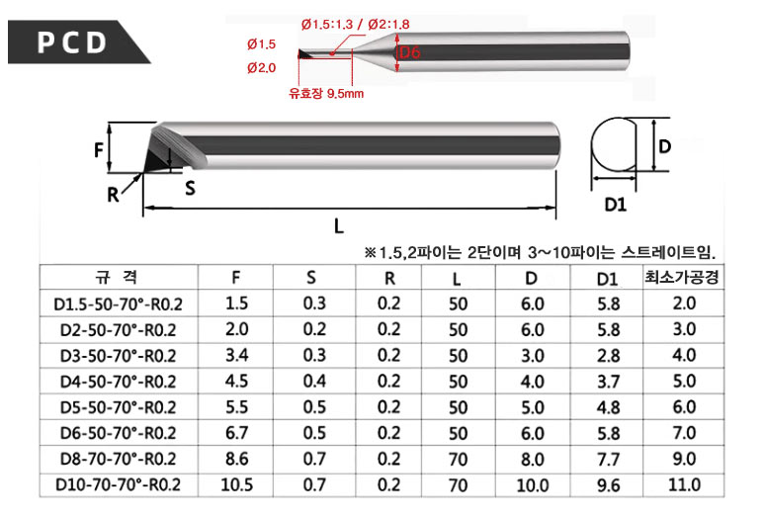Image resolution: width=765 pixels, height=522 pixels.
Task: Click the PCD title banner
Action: point(73,42)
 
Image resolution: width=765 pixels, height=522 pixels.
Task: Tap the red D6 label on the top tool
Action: point(410,52)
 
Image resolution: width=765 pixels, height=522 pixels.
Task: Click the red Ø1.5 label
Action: point(262,44)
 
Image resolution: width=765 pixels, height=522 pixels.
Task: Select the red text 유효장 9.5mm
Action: point(326,93)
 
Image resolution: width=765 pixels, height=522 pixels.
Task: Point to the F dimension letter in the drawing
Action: point(99,149)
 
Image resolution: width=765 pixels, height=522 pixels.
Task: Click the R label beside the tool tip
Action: point(113,195)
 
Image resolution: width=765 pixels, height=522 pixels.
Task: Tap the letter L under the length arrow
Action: point(339,225)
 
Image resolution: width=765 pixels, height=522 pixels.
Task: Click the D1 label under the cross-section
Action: point(615,205)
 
